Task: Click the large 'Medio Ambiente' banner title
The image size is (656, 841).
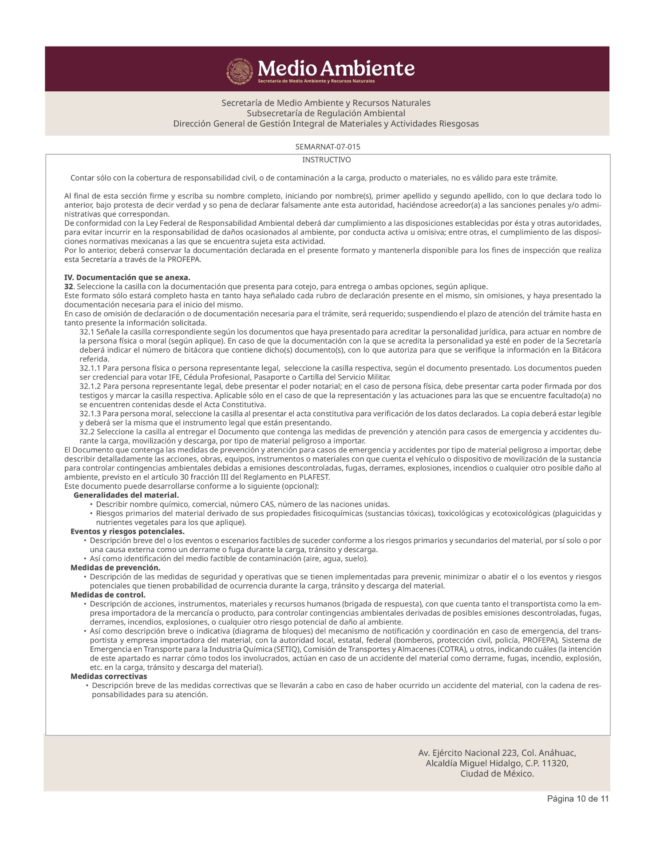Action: (336, 68)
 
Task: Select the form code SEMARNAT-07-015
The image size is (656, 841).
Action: (328, 147)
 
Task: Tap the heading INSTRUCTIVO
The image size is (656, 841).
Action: (326, 160)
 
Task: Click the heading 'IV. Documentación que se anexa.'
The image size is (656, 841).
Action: (127, 278)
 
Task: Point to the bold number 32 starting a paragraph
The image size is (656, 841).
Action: (68, 287)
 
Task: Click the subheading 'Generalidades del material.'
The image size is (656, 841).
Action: (126, 495)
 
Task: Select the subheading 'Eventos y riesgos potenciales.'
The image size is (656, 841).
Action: (127, 531)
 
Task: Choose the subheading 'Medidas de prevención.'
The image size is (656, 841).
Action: (115, 568)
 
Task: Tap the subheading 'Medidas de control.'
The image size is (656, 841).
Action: (108, 595)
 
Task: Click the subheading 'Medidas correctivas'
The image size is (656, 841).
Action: (109, 676)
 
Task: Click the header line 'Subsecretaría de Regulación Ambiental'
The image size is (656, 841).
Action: (326, 113)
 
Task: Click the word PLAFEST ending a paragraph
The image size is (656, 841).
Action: (314, 477)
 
